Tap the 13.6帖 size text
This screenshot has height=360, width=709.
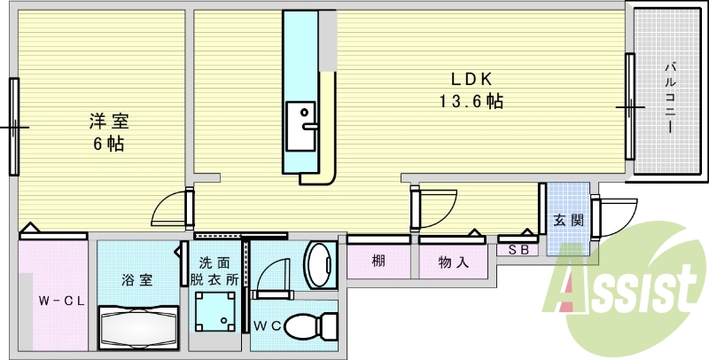click(x=470, y=101)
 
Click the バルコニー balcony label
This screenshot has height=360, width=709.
click(x=671, y=96)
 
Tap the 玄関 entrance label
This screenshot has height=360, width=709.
click(x=567, y=220)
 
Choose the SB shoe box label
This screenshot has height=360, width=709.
click(x=518, y=250)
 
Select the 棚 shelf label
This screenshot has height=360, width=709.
click(x=378, y=262)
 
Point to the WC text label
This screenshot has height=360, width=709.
click(x=268, y=326)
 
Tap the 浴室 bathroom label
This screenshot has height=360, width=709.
click(x=136, y=280)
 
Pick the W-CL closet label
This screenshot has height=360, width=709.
click(x=60, y=301)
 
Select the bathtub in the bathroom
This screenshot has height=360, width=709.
click(x=138, y=328)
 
